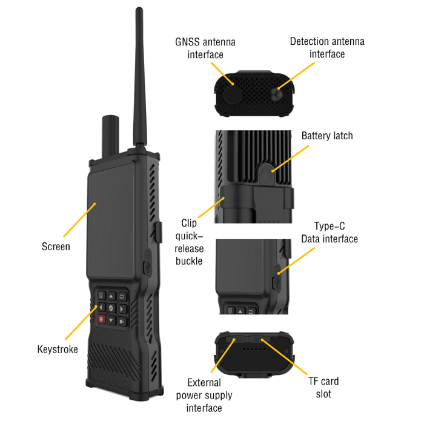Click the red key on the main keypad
102,319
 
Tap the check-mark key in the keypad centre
111,308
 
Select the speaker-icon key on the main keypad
122,321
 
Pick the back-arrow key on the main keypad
122,296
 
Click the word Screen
56,247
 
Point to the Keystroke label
58,349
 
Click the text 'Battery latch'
327,136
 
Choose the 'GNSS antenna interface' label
205,48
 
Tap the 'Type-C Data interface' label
330,233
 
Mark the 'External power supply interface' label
204,395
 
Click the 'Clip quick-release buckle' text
189,242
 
